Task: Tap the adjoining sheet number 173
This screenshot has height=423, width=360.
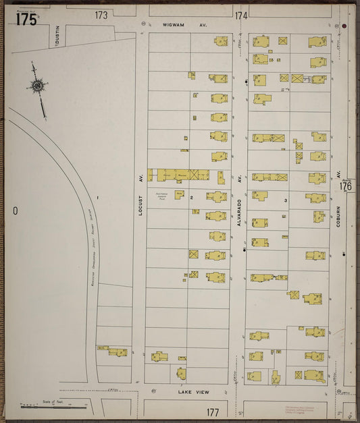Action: (x=101, y=14)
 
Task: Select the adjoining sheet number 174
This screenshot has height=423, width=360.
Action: (x=241, y=15)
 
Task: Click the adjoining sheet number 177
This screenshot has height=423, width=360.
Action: (x=213, y=412)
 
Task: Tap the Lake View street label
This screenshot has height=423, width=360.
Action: (x=194, y=392)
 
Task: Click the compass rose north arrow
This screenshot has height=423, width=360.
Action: (x=38, y=86)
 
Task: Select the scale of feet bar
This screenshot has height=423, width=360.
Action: (x=54, y=406)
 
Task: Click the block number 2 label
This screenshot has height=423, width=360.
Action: (x=191, y=198)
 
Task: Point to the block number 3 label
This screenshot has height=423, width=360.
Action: (x=286, y=200)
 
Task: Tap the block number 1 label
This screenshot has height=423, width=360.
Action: (x=98, y=197)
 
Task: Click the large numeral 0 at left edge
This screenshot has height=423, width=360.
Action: (x=14, y=210)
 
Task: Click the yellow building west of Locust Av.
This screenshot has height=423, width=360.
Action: (x=113, y=351)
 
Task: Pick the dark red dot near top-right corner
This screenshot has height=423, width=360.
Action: (x=344, y=28)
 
